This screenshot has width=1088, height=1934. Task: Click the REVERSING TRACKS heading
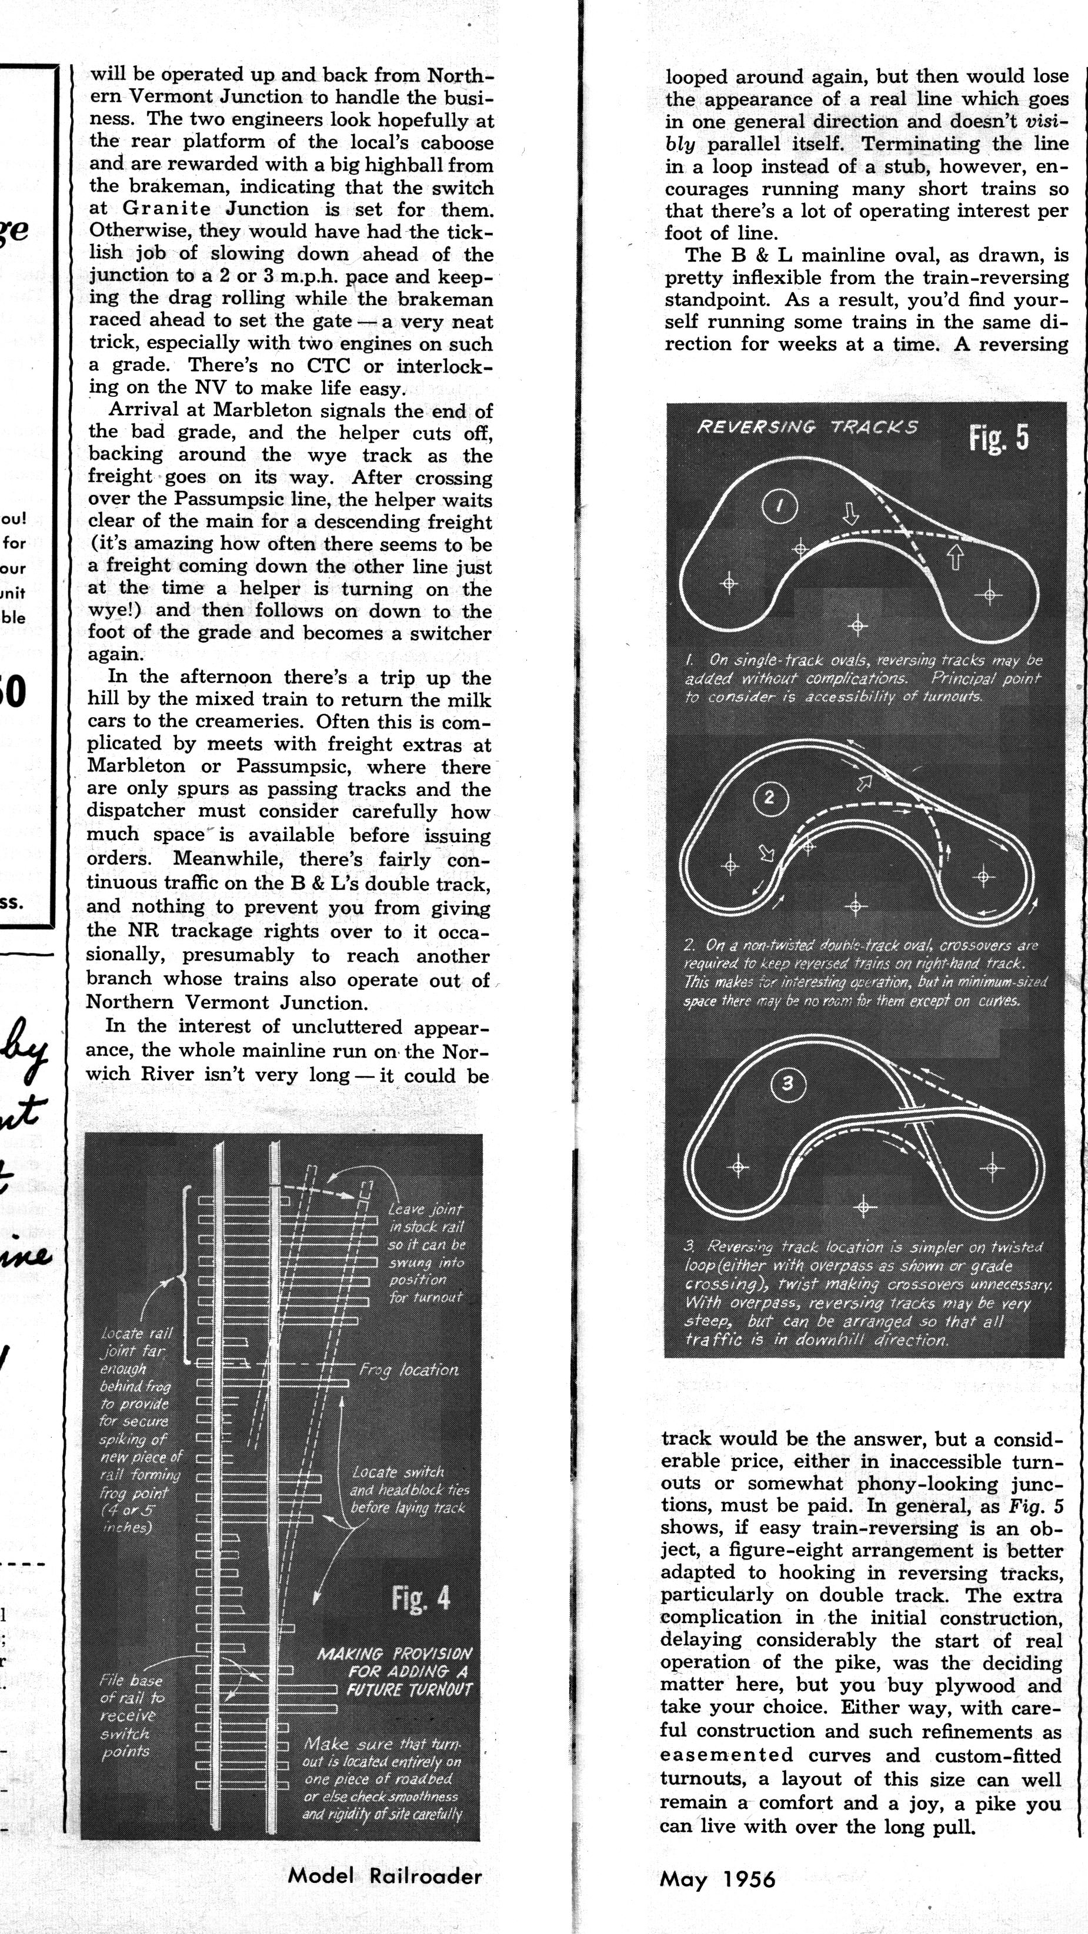[x=807, y=427]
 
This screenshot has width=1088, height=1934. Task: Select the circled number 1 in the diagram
[x=779, y=507]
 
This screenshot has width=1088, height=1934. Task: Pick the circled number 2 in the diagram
[x=769, y=798]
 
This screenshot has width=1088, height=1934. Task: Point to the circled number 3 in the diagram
[x=787, y=1083]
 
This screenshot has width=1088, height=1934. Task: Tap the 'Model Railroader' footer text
[x=385, y=1876]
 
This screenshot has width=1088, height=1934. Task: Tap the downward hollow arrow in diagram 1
[x=850, y=514]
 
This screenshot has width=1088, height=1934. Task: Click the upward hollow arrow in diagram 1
[x=954, y=556]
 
